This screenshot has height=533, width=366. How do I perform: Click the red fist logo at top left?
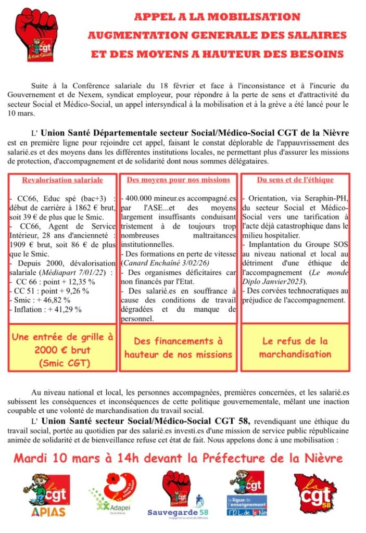click(x=36, y=36)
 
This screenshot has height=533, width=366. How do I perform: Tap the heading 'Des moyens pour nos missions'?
click(x=179, y=180)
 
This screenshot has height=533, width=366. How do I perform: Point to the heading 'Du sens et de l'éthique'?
click(x=295, y=180)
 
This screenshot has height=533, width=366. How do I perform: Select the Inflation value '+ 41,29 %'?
click(x=64, y=309)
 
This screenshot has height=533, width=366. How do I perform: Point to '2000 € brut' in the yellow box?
click(x=62, y=350)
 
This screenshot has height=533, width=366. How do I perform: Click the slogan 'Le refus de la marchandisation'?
click(x=295, y=348)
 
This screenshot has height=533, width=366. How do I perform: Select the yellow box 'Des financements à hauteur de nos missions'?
click(x=179, y=348)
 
